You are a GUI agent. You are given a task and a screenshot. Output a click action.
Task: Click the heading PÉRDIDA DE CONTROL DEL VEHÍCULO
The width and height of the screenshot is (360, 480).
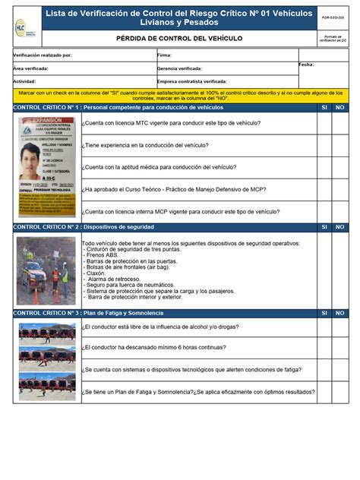[x=179, y=37]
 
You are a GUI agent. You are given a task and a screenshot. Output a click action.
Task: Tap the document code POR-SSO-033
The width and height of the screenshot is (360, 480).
[x=332, y=15]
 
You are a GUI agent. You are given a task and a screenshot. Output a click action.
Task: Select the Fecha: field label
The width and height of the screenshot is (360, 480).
[x=306, y=65]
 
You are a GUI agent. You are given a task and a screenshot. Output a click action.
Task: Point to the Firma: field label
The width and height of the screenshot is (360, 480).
[x=164, y=55]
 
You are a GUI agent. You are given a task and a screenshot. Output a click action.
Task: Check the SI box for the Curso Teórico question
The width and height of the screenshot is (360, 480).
[x=324, y=189]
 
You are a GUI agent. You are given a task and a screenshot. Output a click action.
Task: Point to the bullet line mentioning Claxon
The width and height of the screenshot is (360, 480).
[x=99, y=272]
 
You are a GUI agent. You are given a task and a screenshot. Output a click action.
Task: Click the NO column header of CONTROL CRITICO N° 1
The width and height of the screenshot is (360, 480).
[x=340, y=108]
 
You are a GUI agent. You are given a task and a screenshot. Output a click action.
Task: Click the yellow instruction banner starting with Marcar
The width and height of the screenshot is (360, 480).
[x=179, y=95]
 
